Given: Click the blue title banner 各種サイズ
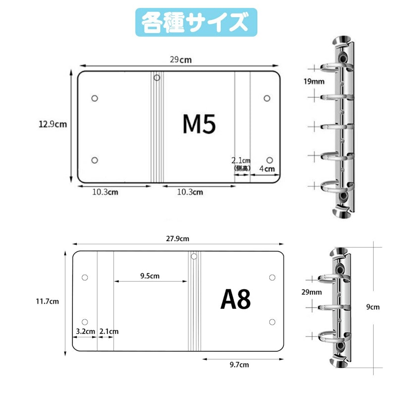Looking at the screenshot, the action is coord(196,22).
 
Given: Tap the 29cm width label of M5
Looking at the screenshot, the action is coord(181,59).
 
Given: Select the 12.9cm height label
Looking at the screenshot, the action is coord(52,124).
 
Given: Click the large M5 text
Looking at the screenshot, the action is coord(199,124).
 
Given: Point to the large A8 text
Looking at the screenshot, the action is coord(236,299).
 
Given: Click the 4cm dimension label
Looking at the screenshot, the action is coord(267,169).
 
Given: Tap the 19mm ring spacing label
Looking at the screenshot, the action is coord(314,81).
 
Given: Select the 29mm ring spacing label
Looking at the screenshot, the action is coord(312,292).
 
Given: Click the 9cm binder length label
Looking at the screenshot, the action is coord(373,307).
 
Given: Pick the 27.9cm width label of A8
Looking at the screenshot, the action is coord(178,239).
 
